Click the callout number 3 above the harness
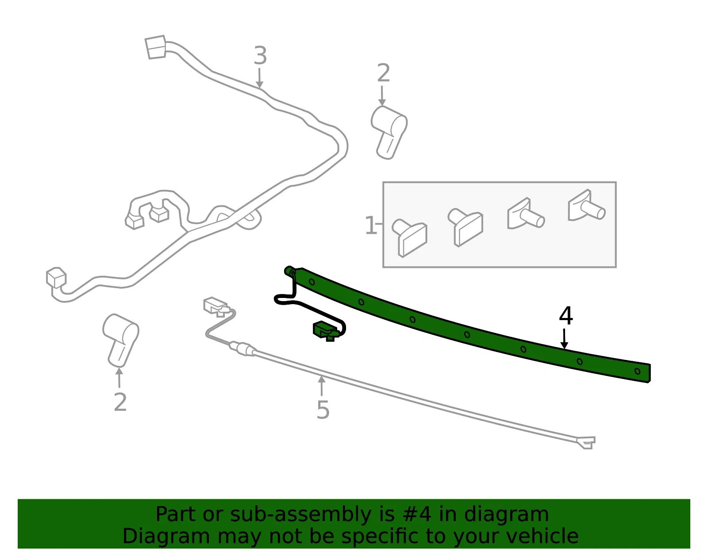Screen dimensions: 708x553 [x=260, y=55]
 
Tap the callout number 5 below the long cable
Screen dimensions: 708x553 [x=323, y=410]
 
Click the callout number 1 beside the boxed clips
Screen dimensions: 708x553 [x=371, y=225]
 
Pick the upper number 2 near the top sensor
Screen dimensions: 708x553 [x=383, y=73]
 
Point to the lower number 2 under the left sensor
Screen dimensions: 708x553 [x=120, y=402]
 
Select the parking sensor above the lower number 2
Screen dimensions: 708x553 [x=120, y=340]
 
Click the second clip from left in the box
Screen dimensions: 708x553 [x=465, y=227]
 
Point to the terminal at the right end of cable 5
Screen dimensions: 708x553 [x=586, y=443]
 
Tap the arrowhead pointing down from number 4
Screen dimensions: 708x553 [x=564, y=345]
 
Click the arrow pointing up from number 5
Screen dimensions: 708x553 [x=322, y=386]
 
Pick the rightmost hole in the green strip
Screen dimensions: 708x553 [x=637, y=371]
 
